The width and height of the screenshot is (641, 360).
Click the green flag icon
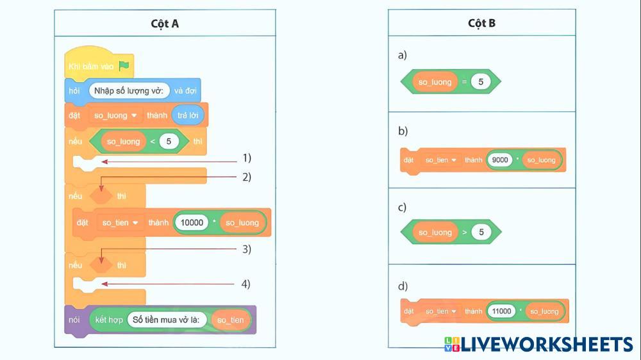[124, 65]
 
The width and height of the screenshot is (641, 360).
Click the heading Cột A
[165, 24]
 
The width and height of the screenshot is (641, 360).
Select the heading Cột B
[481, 24]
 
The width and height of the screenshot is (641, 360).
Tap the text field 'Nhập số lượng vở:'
[129, 90]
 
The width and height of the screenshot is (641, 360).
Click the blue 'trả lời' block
[188, 115]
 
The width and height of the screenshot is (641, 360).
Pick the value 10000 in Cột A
[192, 222]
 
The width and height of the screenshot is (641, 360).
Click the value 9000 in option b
[500, 160]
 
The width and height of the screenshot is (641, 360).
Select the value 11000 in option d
[501, 311]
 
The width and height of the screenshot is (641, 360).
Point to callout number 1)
[247, 158]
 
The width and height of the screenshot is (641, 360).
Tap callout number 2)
[247, 177]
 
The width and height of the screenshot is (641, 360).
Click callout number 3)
[247, 249]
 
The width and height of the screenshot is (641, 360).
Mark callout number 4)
[247, 283]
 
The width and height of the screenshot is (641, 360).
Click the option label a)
[403, 55]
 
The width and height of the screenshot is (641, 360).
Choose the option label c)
[403, 208]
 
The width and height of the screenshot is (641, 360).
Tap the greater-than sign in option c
[465, 233]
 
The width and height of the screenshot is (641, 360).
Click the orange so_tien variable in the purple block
[231, 320]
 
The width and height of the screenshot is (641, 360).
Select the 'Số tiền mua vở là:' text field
[167, 320]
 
